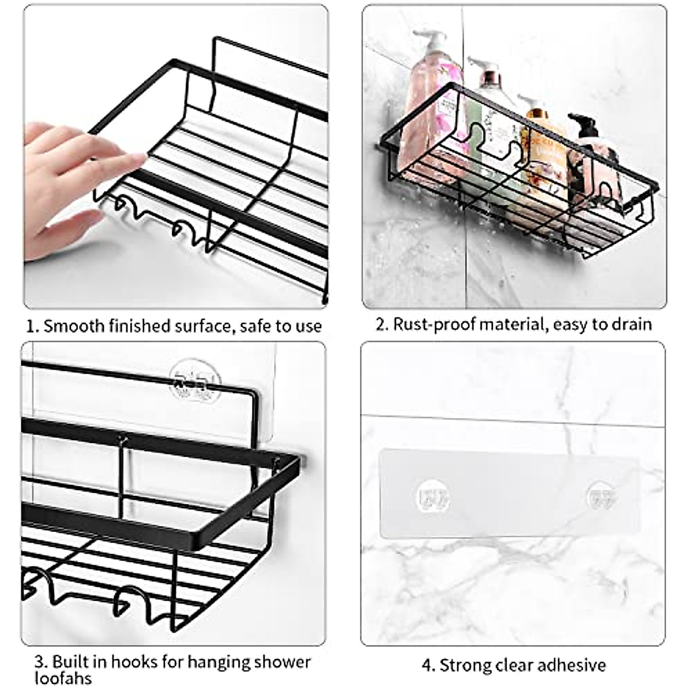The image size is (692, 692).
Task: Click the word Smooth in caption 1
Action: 73,326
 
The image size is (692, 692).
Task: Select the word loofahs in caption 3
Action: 63,678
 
